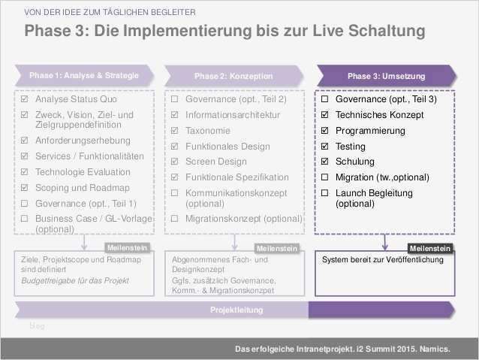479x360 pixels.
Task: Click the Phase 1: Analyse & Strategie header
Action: pyautogui.click(x=84, y=76)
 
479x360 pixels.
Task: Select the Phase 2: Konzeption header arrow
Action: pyautogui.click(x=233, y=76)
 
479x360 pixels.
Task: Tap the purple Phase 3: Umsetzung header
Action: pyautogui.click(x=386, y=76)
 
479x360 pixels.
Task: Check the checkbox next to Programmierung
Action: pyautogui.click(x=325, y=131)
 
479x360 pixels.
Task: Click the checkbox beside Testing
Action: pyautogui.click(x=325, y=147)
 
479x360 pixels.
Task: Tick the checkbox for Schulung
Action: pyautogui.click(x=325, y=162)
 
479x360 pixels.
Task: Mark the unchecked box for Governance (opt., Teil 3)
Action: pyautogui.click(x=325, y=99)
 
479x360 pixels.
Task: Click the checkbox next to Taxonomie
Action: pyautogui.click(x=175, y=131)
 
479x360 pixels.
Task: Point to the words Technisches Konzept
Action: pyautogui.click(x=379, y=115)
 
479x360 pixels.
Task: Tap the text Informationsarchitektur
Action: pyautogui.click(x=232, y=115)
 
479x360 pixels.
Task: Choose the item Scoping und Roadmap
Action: pyautogui.click(x=82, y=187)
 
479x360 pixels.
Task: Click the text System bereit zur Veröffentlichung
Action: pyautogui.click(x=382, y=260)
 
